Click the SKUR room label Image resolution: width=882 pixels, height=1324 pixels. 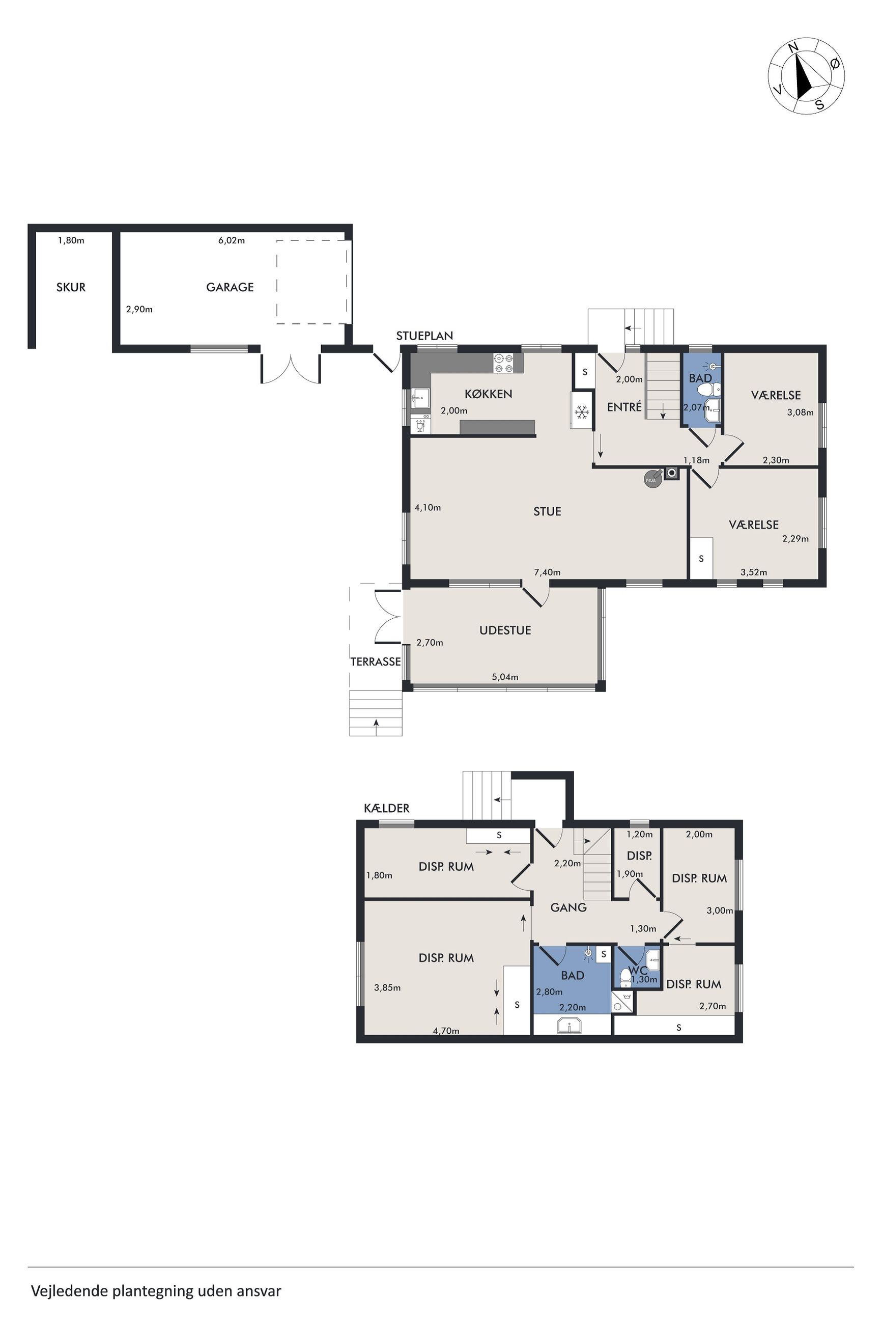coord(71,287)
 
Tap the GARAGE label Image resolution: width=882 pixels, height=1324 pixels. coord(230,287)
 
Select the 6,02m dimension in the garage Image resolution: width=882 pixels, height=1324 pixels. coord(231,240)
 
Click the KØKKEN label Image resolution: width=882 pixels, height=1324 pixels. coord(488,394)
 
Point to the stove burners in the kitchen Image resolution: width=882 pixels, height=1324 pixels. coord(503,363)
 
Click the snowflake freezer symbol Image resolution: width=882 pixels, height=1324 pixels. coord(582,412)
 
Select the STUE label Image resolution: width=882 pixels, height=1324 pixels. coord(547,511)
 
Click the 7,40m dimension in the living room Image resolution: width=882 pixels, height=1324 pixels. coord(547,572)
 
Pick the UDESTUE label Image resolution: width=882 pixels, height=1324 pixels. coord(505,630)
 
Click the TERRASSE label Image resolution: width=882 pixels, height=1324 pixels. coord(375,661)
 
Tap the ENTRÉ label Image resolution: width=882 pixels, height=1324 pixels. coord(624,407)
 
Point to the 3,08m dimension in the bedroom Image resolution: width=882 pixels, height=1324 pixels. coord(800,412)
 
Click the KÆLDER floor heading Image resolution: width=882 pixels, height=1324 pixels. coord(386,808)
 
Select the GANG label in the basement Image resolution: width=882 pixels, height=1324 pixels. coord(568,907)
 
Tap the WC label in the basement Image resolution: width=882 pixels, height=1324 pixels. coord(638,971)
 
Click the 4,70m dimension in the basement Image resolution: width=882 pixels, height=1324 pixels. coord(446,1031)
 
